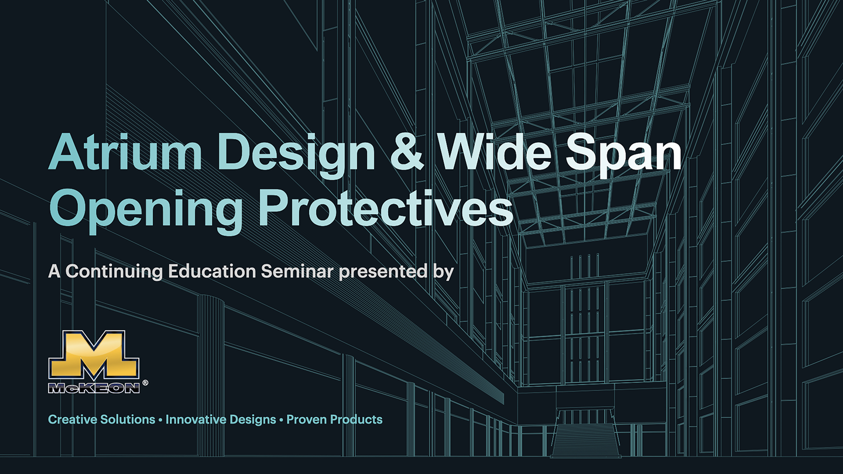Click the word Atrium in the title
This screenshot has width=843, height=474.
(125, 152)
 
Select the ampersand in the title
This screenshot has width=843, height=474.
(407, 152)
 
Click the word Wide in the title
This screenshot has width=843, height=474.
(495, 152)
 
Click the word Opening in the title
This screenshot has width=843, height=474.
(146, 211)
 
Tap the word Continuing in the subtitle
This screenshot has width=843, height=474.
(114, 272)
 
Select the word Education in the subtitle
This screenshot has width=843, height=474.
(212, 272)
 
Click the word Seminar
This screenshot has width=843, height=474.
(297, 272)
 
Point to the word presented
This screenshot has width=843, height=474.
(383, 272)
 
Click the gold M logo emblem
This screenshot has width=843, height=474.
(94, 356)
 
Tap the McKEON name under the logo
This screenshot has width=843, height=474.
(94, 388)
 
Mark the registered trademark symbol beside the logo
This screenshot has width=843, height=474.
(145, 383)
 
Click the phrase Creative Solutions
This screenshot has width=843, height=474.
(102, 420)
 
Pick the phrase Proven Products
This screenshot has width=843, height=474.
(335, 420)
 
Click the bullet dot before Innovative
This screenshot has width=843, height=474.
(160, 420)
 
